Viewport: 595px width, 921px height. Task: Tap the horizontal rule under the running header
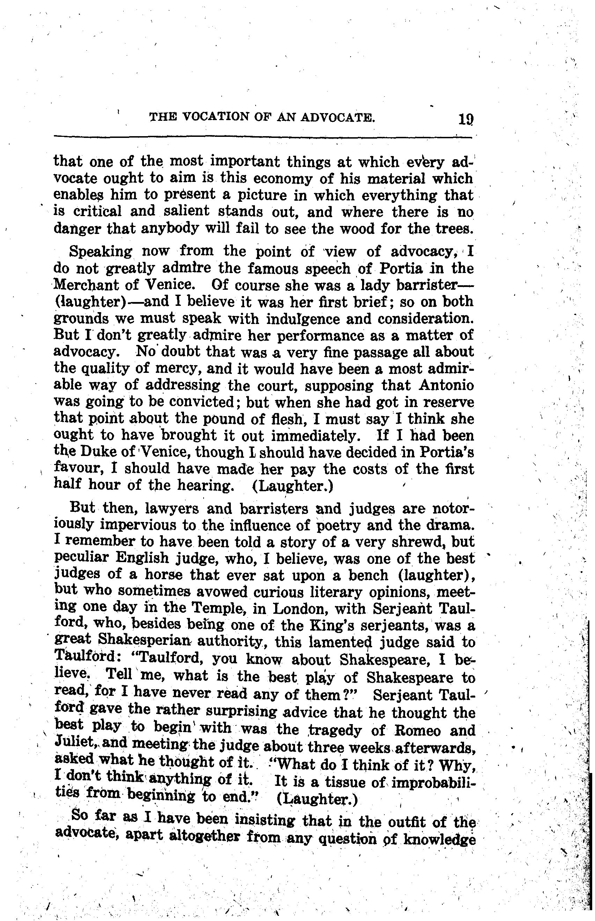tap(263, 137)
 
